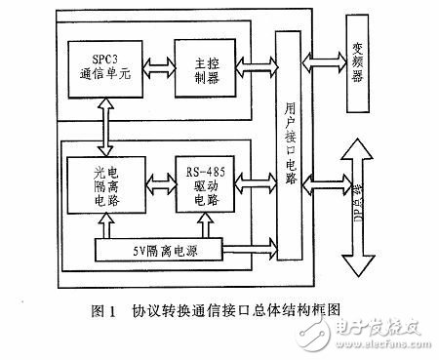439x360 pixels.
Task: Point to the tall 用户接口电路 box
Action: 288,146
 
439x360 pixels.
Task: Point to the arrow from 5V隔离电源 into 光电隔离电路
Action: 95,226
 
